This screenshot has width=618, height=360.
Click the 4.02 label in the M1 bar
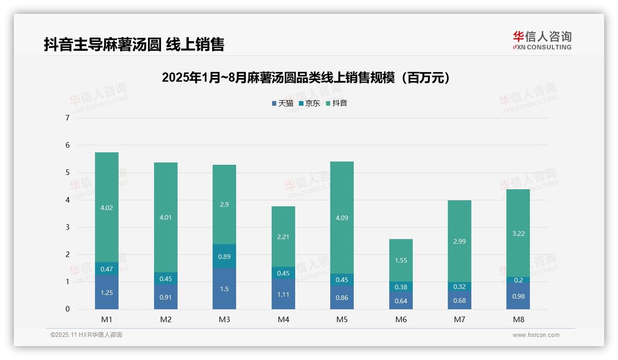[x=107, y=208]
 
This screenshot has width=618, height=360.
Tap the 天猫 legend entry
[x=282, y=103]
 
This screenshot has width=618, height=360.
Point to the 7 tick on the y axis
[x=67, y=118]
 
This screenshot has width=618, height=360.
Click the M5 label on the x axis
[x=342, y=319]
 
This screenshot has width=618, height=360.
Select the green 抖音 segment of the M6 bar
[x=401, y=260]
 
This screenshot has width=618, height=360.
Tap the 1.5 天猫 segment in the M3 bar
[x=224, y=289]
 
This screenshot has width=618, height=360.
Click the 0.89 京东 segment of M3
[x=224, y=257]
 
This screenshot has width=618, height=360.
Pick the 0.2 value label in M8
[x=518, y=280]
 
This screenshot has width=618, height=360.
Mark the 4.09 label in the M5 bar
[x=342, y=218]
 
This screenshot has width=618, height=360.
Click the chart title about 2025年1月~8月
[x=305, y=78]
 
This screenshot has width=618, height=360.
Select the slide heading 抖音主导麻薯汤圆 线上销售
[x=134, y=44]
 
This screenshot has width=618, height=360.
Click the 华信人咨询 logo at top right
[x=542, y=41]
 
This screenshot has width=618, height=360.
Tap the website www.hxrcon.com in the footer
[x=535, y=335]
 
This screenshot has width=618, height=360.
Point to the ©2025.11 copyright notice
[x=86, y=335]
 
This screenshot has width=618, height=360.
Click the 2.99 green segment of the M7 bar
[x=459, y=241]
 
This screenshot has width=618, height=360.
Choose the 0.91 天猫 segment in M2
[x=166, y=297]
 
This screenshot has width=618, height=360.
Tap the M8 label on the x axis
[x=518, y=319]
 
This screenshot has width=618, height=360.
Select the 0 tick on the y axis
[x=67, y=309]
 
